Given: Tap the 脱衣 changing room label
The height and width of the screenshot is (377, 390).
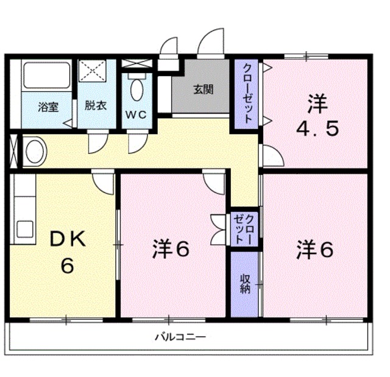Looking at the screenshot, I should pos(95,105).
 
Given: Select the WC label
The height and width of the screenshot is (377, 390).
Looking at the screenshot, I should pos(136,114).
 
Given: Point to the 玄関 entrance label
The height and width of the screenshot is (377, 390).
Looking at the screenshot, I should pos(204,89).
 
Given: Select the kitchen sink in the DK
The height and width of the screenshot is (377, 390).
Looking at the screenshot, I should pos(25,229).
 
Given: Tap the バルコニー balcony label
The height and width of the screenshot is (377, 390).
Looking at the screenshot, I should pos(180,336).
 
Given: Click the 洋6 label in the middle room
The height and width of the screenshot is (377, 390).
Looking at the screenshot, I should pos(170,249).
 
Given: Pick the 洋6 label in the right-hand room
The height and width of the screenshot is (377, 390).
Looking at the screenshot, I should pos(315,249).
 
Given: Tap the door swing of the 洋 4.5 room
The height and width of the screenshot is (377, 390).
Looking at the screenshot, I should pos(272,155).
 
